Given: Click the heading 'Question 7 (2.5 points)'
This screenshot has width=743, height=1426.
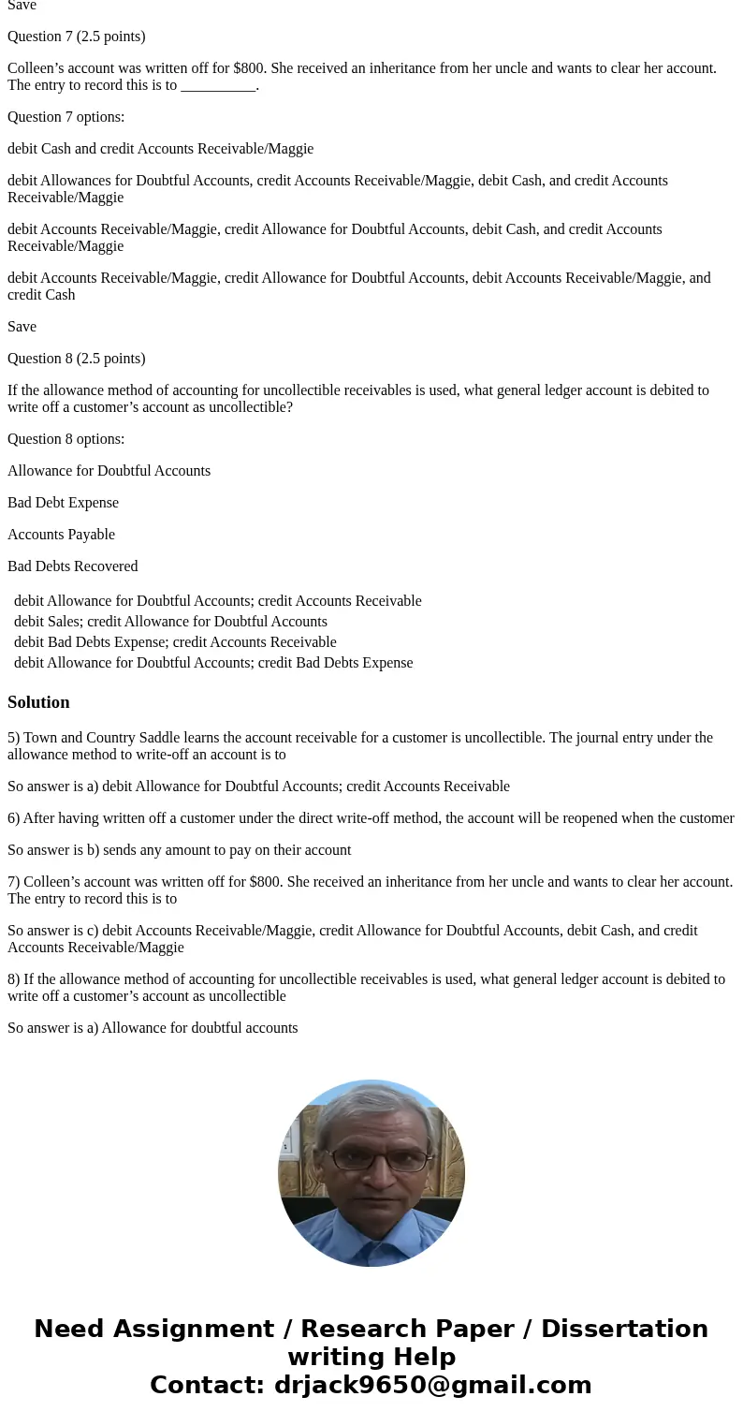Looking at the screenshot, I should pyautogui.click(x=76, y=37).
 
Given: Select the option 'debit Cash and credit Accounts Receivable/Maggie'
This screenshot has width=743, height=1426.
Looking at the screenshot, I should pyautogui.click(x=160, y=149).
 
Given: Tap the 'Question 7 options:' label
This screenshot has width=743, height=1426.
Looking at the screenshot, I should pyautogui.click(x=66, y=117).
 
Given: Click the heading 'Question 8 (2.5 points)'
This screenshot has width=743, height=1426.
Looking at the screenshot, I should pyautogui.click(x=76, y=359).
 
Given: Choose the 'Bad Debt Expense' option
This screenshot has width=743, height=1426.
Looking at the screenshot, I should pyautogui.click(x=63, y=503).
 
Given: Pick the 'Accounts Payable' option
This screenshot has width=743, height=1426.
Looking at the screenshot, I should pyautogui.click(x=61, y=535).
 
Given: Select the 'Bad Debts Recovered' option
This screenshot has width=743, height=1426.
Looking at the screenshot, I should pyautogui.click(x=72, y=566).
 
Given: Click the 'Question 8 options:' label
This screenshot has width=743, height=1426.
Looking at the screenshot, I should pyautogui.click(x=66, y=439).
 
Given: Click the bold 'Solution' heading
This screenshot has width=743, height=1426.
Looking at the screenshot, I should pyautogui.click(x=38, y=702).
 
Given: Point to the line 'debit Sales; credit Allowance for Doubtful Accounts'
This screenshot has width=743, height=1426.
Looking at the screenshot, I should pyautogui.click(x=170, y=622).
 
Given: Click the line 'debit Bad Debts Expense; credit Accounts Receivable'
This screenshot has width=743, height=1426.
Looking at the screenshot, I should pyautogui.click(x=175, y=642).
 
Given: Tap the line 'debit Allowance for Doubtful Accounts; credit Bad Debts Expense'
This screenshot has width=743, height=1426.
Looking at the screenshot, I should pyautogui.click(x=213, y=663).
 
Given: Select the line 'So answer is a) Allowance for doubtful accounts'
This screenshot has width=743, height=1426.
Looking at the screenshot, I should pyautogui.click(x=153, y=1028).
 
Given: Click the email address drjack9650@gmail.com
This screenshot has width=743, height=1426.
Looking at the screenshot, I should pyautogui.click(x=432, y=1386).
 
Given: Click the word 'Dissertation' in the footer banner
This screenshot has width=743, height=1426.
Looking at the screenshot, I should pyautogui.click(x=624, y=1330).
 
